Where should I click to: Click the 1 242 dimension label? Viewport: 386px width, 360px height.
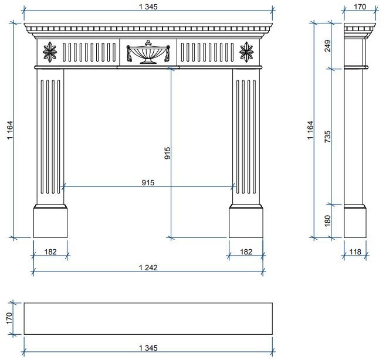pos(148,267)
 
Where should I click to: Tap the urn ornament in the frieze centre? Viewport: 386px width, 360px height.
pos(148,52)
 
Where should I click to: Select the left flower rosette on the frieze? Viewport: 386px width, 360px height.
pos(50,52)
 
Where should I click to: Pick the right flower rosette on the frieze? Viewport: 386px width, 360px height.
pos(246,52)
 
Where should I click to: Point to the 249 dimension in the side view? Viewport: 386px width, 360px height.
pos(328,46)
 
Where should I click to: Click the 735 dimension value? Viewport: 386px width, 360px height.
pos(328,137)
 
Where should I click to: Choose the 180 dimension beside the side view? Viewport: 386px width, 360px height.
pos(328,220)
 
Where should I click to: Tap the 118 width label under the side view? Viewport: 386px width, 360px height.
pos(355,252)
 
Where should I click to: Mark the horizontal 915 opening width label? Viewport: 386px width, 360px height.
pos(148,182)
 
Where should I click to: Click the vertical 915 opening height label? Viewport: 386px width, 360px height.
pos(167,153)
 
